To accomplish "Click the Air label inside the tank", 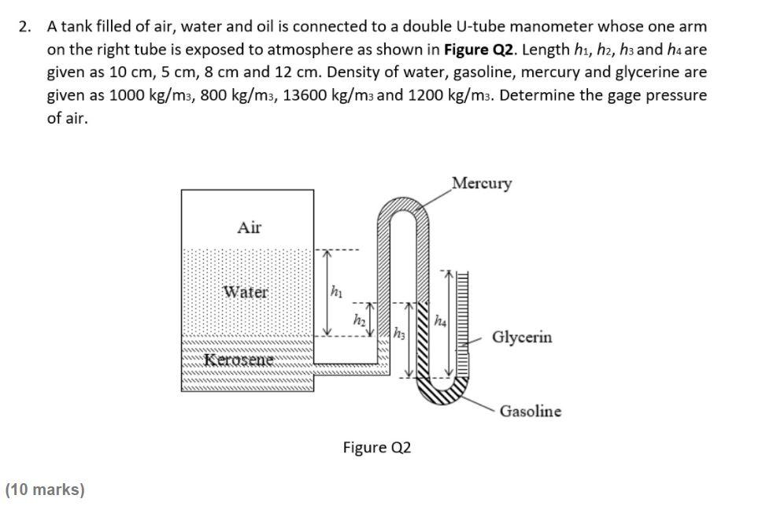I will [x=249, y=227].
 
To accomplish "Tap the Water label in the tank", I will [x=245, y=291].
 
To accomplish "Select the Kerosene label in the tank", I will [x=239, y=360].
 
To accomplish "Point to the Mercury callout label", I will [x=482, y=183].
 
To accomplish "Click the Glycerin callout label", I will [x=522, y=338].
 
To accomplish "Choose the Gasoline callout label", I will [x=531, y=411].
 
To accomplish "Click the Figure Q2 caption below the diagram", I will [x=376, y=448].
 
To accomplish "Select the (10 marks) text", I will [x=45, y=490].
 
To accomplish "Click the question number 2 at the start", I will [x=25, y=27].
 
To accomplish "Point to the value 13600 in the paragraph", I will [x=303, y=95].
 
